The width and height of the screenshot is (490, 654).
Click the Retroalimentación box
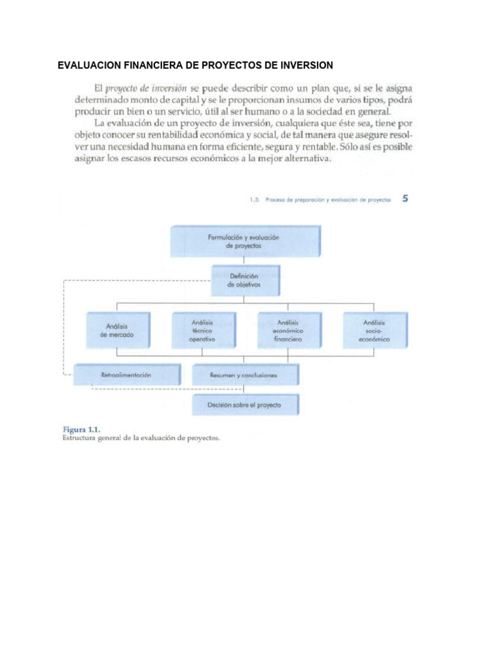(126, 375)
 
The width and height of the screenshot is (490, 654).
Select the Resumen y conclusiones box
(243, 376)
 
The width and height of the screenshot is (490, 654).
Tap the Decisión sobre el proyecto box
(243, 405)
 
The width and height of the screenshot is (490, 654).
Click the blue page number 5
(405, 199)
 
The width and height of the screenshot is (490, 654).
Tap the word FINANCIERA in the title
(151, 65)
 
